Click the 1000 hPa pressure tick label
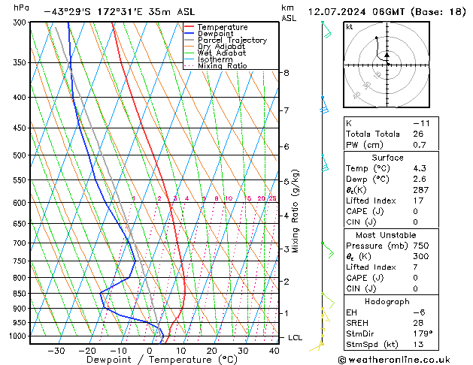tap(16, 336)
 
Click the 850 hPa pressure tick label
tap(18, 294)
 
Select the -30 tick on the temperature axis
tap(56, 351)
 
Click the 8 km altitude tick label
tap(287, 73)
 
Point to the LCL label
tap(296, 338)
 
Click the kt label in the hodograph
tap(349, 26)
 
